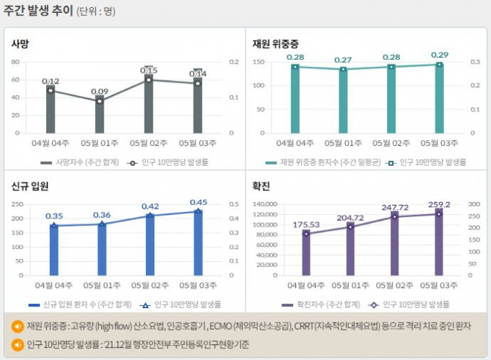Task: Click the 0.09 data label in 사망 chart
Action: point(100,92)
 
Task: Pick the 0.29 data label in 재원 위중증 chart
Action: point(439,55)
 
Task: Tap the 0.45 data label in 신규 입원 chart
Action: point(199,202)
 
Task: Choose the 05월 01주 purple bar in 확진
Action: point(350,250)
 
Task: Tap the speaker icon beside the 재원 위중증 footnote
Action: point(17,326)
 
